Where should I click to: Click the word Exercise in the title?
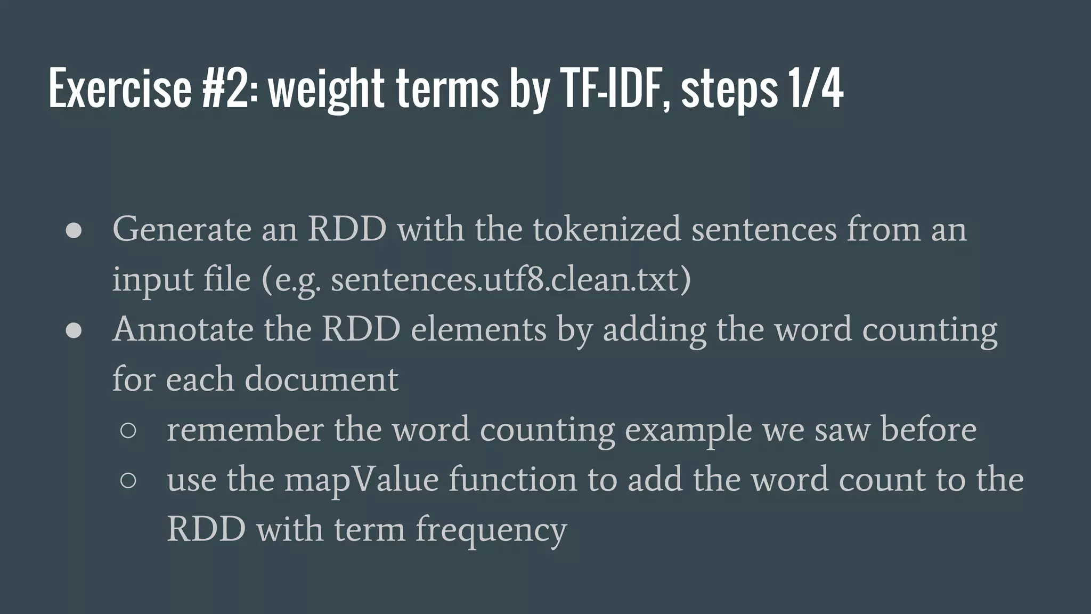click(119, 88)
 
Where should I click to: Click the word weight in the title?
click(325, 88)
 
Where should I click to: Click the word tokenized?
click(607, 229)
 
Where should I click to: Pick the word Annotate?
click(183, 329)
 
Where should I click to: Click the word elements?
click(478, 329)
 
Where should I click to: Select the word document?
click(321, 379)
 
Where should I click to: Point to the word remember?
click(245, 429)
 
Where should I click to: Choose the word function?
click(512, 479)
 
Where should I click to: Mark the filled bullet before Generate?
click(74, 231)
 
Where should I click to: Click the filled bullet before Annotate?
click(74, 330)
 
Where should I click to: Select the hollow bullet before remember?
click(128, 430)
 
